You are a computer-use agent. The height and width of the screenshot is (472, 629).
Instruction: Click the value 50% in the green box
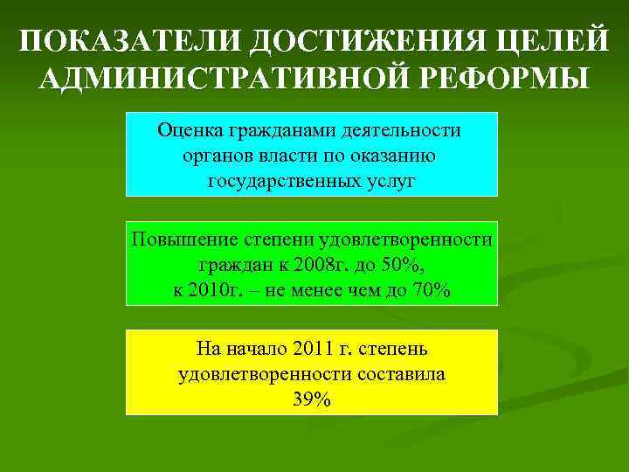point(404,265)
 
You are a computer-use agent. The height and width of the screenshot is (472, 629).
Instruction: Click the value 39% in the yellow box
point(311,399)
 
